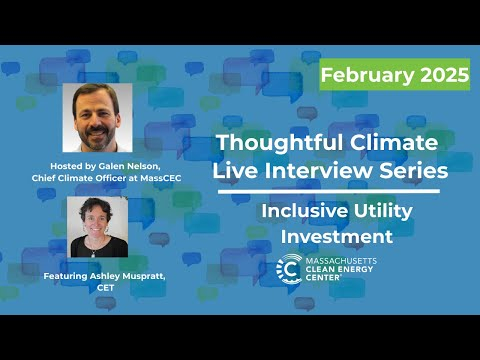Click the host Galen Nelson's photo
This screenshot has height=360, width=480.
tap(97, 118)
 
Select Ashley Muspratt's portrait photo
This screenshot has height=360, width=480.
tap(97, 228)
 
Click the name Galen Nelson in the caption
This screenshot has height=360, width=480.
tap(123, 165)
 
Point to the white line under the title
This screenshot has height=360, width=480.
tap(327, 191)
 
